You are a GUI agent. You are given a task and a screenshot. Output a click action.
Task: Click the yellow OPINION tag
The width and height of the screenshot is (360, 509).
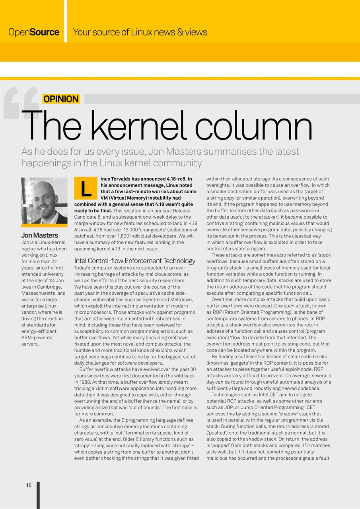tap(61, 99)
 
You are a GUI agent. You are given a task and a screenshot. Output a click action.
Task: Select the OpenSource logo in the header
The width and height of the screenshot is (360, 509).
tap(34, 32)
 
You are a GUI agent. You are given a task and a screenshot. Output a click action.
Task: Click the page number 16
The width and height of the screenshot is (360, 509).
tap(29, 485)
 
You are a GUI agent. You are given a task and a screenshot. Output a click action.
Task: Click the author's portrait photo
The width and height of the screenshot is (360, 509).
tap(44, 201)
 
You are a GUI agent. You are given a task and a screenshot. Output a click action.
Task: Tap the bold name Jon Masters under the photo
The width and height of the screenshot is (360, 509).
tap(40, 235)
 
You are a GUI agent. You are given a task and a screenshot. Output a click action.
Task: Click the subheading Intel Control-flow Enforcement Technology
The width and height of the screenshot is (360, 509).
tap(135, 261)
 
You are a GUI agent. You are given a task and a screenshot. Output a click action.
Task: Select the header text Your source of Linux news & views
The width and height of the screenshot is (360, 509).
tap(140, 32)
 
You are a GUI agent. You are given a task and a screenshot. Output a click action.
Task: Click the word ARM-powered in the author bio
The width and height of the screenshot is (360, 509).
tap(37, 338)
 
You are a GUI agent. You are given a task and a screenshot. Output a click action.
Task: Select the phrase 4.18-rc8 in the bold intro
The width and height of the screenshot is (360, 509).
tap(173, 179)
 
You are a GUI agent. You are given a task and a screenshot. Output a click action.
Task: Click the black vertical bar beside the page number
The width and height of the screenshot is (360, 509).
tap(38, 495)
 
